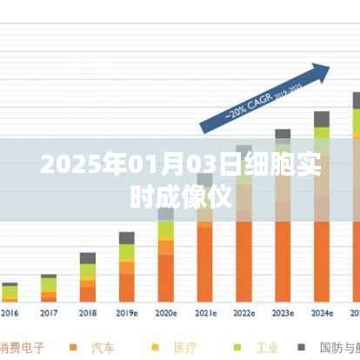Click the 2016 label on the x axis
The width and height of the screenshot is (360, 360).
tap(10, 312)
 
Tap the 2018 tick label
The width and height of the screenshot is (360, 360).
tap(88, 312)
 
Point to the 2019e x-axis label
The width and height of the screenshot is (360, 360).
tap(127, 312)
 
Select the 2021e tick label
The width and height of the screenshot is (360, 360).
tap(205, 312)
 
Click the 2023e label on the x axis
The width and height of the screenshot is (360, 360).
tap(283, 312)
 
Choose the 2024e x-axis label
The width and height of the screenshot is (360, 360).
tap(322, 312)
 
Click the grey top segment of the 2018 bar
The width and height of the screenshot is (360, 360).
tap(88, 258)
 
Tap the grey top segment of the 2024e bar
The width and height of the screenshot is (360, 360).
tap(322, 119)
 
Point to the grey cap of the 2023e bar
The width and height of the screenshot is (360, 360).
tap(283, 135)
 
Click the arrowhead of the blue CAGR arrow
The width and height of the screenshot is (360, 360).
tap(321, 70)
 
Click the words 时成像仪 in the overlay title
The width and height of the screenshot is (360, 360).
tap(179, 197)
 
